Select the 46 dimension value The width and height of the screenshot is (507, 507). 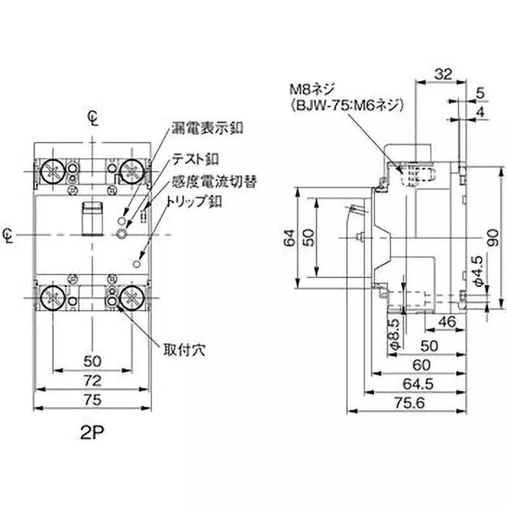pos(447,322)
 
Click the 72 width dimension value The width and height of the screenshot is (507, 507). pos(93,380)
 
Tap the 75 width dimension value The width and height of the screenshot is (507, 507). pos(93,399)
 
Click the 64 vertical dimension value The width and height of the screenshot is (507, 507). pos(288,238)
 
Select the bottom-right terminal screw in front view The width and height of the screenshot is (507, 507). pos(132,296)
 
